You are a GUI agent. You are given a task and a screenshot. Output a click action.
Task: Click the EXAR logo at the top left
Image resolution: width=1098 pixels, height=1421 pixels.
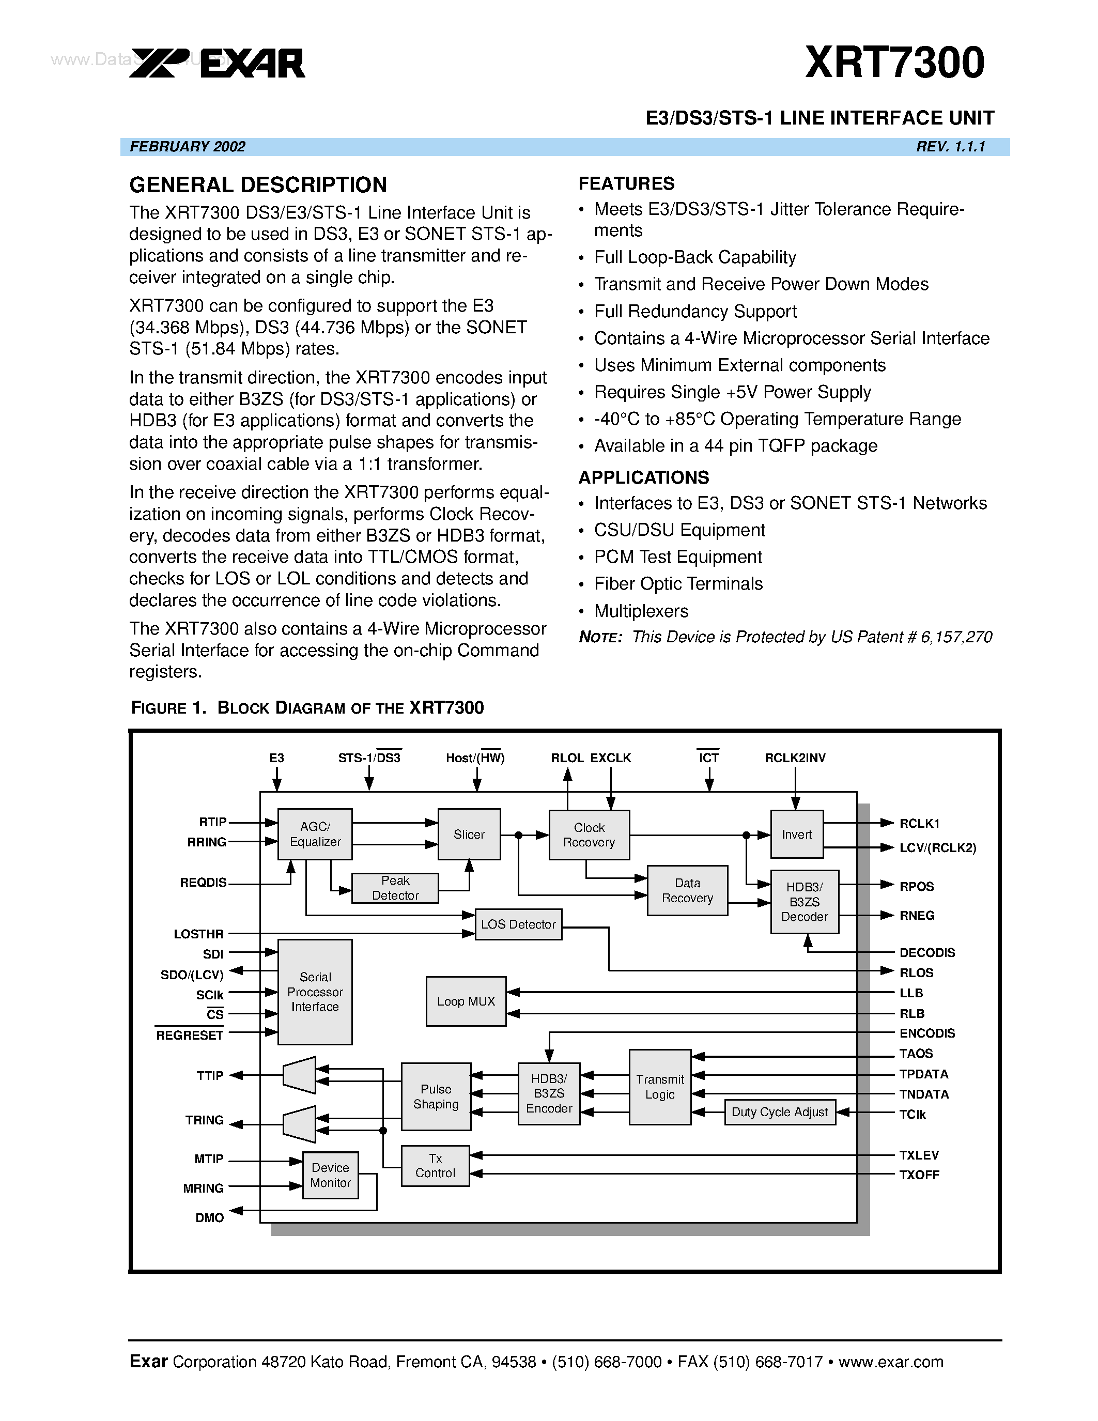[217, 63]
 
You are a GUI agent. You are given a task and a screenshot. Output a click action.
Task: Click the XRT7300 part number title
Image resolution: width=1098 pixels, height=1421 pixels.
[894, 63]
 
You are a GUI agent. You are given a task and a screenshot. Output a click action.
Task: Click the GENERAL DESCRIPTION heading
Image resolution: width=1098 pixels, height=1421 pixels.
[258, 186]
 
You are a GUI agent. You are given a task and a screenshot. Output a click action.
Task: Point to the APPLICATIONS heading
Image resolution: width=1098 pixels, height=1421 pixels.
[643, 477]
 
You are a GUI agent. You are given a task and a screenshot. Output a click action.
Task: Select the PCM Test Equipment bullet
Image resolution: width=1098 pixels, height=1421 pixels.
[678, 557]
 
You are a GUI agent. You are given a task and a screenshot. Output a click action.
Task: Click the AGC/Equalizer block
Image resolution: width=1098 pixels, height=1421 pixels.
[315, 834]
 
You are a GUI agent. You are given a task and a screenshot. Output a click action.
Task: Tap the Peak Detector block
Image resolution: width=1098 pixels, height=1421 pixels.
[395, 888]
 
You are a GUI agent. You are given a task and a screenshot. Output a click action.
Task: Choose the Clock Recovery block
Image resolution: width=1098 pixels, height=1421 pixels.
[589, 835]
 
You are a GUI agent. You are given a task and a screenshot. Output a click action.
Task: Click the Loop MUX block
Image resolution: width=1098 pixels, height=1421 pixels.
[466, 1001]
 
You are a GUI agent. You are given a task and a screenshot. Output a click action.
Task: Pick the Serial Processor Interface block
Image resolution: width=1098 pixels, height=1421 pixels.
[315, 992]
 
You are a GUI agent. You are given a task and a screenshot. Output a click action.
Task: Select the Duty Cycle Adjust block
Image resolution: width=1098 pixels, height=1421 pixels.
[779, 1112]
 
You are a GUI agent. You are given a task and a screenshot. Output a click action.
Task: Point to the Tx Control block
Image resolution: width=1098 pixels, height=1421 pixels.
[435, 1166]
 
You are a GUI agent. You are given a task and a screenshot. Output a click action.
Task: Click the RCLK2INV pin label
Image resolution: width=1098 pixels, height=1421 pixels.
[795, 758]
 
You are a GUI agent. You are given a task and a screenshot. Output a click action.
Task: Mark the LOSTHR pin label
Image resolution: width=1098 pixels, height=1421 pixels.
[198, 934]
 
